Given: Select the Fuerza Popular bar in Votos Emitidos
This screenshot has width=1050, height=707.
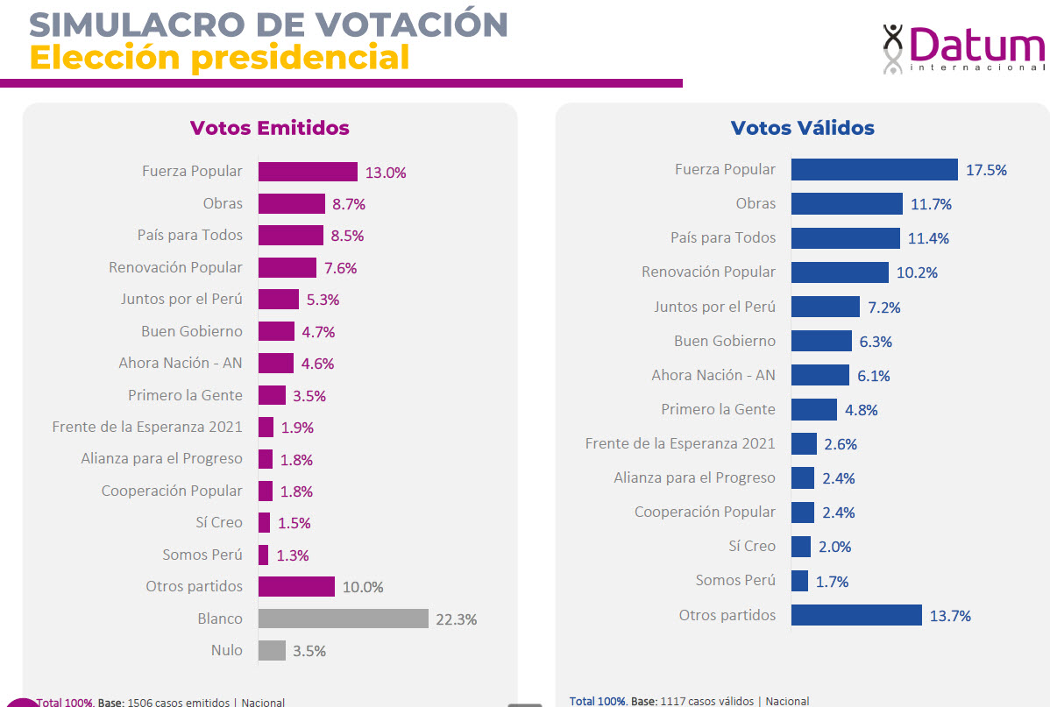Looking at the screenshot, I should pyautogui.click(x=308, y=172).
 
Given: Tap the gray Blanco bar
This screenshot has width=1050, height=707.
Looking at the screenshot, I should pyautogui.click(x=343, y=619).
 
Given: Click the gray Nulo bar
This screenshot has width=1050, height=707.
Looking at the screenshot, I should pyautogui.click(x=272, y=650).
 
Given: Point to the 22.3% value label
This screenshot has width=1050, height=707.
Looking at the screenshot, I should pyautogui.click(x=456, y=619).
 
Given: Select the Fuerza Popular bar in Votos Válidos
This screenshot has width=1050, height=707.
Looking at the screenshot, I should pyautogui.click(x=874, y=170).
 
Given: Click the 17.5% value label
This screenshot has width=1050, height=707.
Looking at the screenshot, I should pyautogui.click(x=986, y=170).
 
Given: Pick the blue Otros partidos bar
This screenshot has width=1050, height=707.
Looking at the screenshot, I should pyautogui.click(x=856, y=615).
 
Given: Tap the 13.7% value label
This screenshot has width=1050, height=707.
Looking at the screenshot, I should pyautogui.click(x=950, y=616).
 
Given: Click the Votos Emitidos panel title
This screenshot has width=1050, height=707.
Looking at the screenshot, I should pyautogui.click(x=269, y=128).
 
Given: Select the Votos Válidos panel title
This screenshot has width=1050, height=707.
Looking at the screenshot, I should pyautogui.click(x=802, y=128).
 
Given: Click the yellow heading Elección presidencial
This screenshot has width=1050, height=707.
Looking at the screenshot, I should pyautogui.click(x=219, y=58).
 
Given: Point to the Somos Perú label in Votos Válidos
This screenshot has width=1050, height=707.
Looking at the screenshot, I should pyautogui.click(x=735, y=580).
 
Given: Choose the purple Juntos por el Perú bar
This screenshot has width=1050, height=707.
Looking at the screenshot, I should pyautogui.click(x=278, y=299).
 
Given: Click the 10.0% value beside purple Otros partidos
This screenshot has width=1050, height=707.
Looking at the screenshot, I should pyautogui.click(x=363, y=587).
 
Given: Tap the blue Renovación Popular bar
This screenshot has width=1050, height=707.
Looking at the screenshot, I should pyautogui.click(x=840, y=272).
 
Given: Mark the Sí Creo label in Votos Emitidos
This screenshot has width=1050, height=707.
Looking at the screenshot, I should pyautogui.click(x=219, y=522).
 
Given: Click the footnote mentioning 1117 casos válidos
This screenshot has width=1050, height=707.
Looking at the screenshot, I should pyautogui.click(x=689, y=701).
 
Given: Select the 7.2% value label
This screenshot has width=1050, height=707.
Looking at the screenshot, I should pyautogui.click(x=883, y=308).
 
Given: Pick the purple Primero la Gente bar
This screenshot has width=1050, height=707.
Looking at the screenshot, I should pyautogui.click(x=272, y=395).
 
